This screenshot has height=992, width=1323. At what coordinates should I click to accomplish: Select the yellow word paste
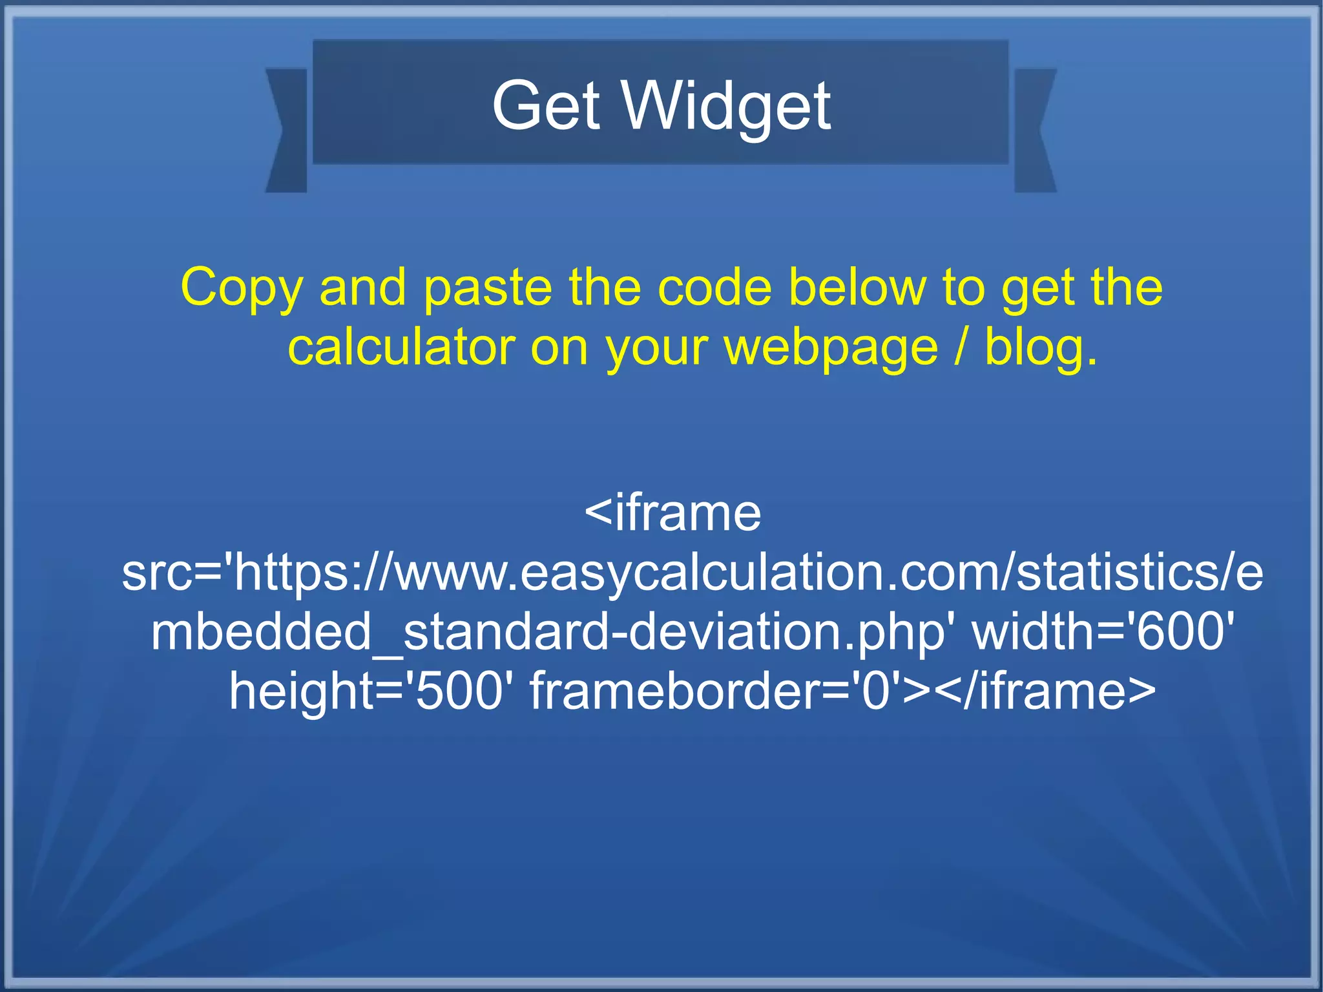tap(488, 288)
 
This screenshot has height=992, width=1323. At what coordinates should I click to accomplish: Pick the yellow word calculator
tap(401, 348)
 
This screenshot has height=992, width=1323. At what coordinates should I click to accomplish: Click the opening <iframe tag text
tap(672, 513)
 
